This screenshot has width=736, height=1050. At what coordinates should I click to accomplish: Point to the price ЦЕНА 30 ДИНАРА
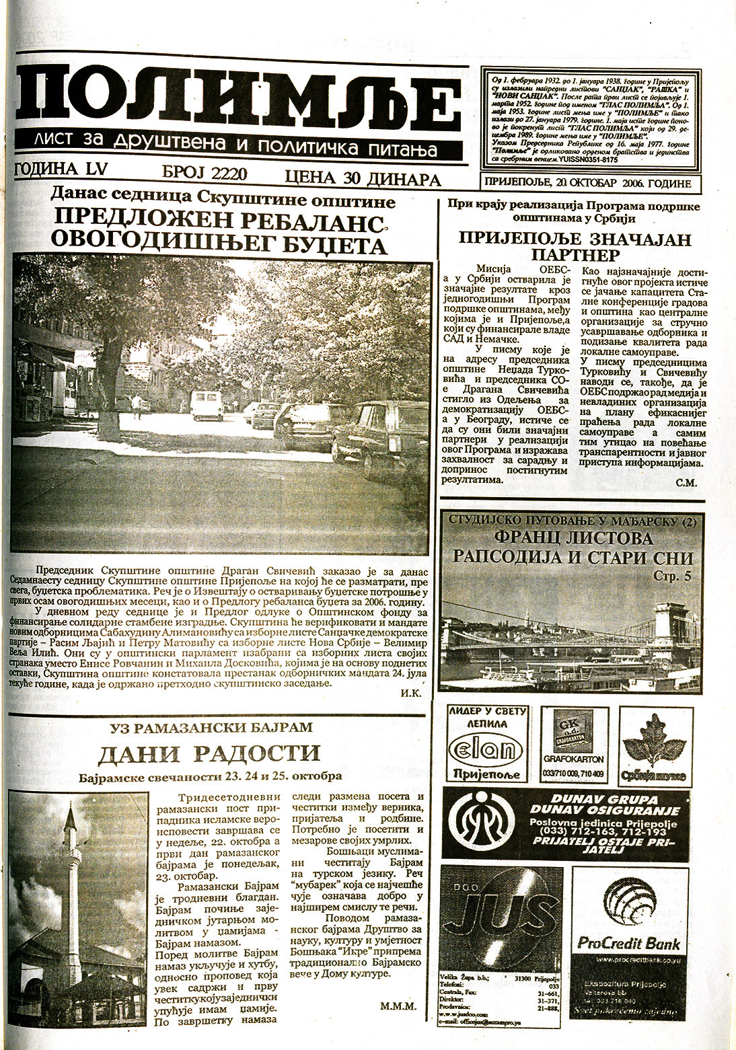[363, 179]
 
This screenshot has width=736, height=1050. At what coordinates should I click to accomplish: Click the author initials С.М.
[687, 482]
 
